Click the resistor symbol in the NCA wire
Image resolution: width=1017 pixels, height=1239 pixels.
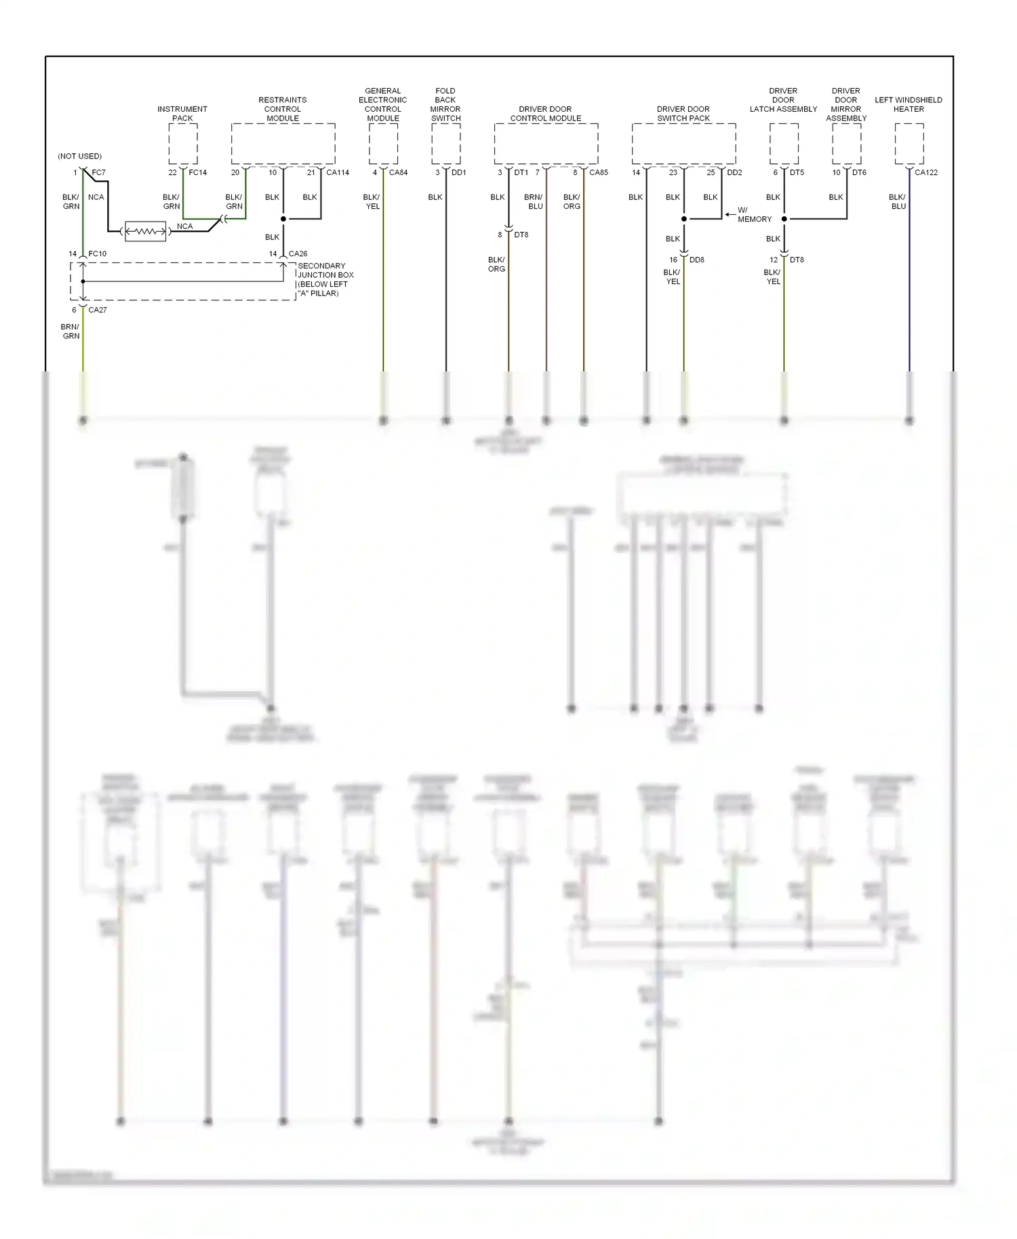(x=145, y=232)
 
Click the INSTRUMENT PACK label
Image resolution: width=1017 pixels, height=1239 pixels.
(x=182, y=113)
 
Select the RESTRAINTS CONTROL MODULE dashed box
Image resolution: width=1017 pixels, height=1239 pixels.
(x=283, y=144)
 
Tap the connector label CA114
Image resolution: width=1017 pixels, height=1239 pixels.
(x=338, y=173)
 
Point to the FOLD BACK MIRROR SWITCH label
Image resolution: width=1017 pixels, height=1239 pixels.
(x=445, y=104)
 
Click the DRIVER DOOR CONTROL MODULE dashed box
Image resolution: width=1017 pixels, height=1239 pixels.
(x=546, y=144)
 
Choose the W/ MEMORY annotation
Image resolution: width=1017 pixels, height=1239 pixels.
(x=753, y=215)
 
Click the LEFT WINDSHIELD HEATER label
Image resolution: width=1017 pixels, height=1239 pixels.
(x=909, y=104)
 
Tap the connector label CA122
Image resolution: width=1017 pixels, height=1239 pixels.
(x=926, y=173)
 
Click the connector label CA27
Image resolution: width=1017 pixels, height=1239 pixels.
(x=98, y=310)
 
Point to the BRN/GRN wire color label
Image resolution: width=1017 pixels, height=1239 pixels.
(x=71, y=331)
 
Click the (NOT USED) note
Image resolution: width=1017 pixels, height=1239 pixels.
(x=80, y=156)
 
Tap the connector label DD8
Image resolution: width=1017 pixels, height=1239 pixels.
(x=697, y=260)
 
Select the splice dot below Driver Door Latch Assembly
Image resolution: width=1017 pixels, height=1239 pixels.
(x=784, y=219)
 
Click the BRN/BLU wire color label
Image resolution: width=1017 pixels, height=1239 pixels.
(x=534, y=202)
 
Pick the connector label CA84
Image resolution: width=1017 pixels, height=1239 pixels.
(x=398, y=173)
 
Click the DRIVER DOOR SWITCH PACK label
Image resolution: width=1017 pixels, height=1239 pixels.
(x=683, y=113)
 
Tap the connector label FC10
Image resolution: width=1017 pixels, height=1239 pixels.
(x=98, y=253)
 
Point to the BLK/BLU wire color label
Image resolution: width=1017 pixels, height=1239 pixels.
(x=898, y=202)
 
